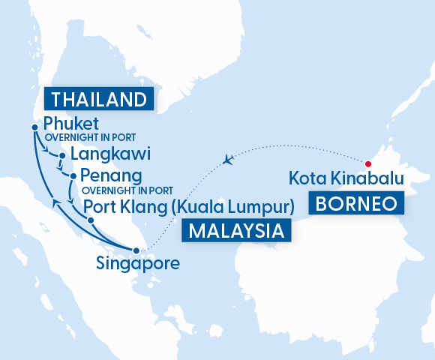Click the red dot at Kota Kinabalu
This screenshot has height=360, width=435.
(x=368, y=164)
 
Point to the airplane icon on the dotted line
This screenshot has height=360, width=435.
(x=230, y=159)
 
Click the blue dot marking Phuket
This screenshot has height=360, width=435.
(x=34, y=127)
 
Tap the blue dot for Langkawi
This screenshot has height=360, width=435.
(x=62, y=157)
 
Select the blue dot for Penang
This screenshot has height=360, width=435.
(x=73, y=177)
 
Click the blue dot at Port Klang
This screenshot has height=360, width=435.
(x=91, y=220)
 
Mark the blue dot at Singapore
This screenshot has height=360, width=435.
(x=136, y=250)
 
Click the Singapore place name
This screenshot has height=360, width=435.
(x=138, y=263)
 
